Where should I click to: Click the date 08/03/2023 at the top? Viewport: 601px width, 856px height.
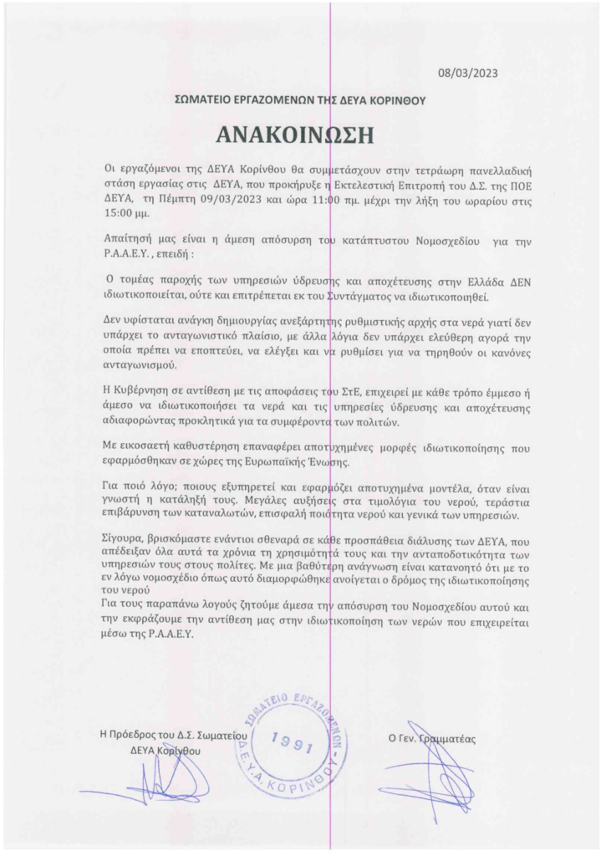(468, 73)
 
